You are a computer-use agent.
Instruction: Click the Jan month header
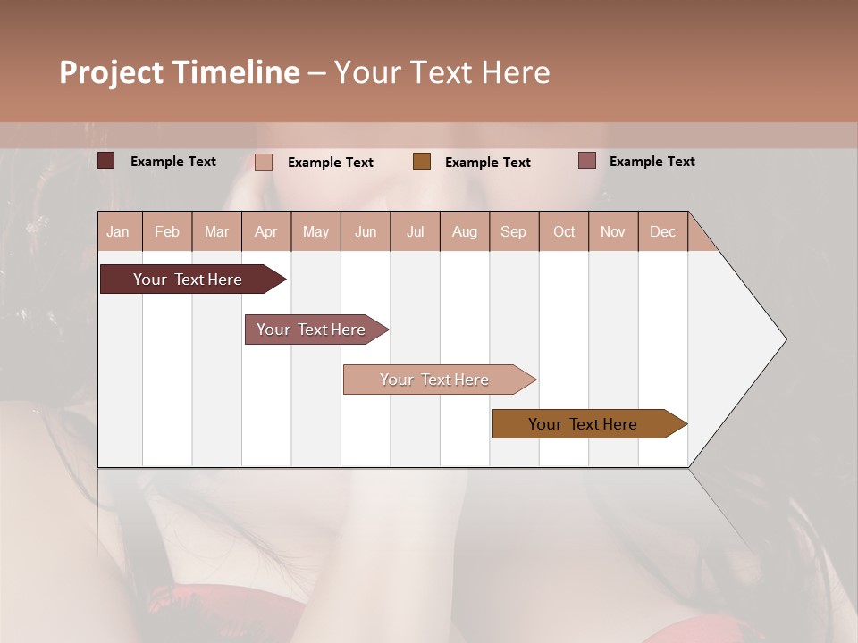coord(119,231)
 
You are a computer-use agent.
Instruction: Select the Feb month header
coord(167,231)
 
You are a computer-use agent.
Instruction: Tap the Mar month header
coord(216,231)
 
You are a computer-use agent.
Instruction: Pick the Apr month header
coord(266,231)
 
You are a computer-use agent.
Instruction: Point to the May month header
coord(315,231)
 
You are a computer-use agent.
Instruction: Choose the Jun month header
coord(366,231)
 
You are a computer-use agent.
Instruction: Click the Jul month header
coord(415,231)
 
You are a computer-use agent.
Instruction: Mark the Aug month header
coord(465,231)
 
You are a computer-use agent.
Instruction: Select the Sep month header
coord(514,231)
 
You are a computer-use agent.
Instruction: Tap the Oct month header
coord(564,231)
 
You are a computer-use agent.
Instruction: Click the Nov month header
coord(613,231)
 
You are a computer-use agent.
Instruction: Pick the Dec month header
coord(663,231)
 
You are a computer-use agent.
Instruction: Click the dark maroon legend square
coord(106,161)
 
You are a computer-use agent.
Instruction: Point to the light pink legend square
coord(264,162)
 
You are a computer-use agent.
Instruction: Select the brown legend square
coord(422,161)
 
